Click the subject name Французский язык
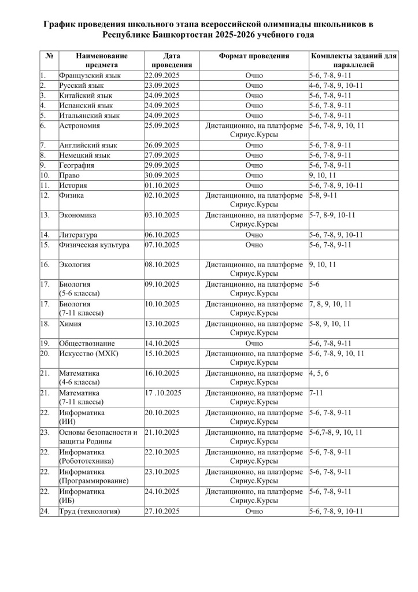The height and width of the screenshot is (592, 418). click(90, 75)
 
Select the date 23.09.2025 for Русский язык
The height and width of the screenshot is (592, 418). click(162, 86)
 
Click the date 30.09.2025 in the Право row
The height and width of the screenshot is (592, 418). click(162, 175)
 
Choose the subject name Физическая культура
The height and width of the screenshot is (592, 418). click(94, 245)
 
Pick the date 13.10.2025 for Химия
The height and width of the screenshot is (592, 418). click(162, 324)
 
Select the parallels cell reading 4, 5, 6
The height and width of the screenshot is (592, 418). click(319, 373)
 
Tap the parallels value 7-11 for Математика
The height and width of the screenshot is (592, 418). click(316, 393)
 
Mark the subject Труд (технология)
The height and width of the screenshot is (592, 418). click(90, 511)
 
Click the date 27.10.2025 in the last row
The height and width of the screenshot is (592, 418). click(162, 511)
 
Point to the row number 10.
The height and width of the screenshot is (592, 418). click(46, 175)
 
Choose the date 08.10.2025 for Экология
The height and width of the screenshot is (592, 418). click(162, 265)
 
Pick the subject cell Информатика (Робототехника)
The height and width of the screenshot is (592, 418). click(86, 456)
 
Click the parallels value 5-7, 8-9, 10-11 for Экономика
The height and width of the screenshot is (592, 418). click(332, 215)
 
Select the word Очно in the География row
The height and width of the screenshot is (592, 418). click(254, 165)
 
